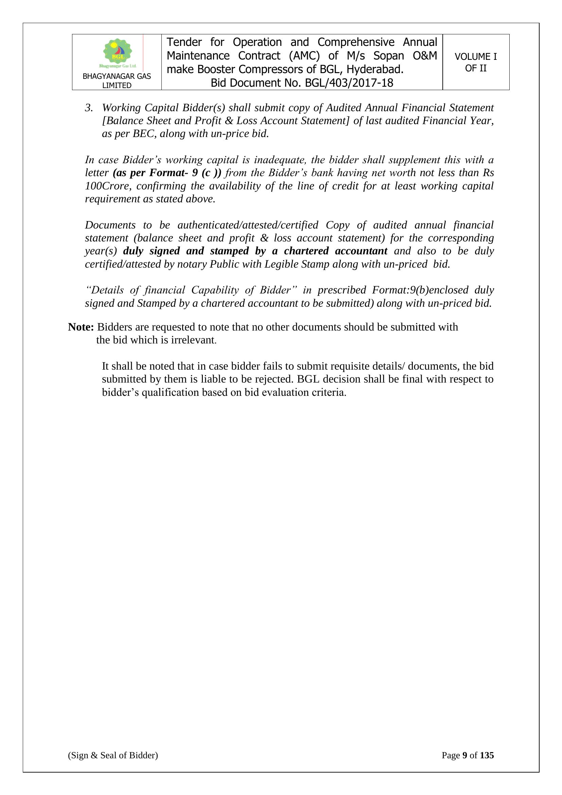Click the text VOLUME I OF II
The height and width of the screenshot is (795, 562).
coord(475,62)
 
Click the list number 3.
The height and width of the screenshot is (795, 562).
coord(89,108)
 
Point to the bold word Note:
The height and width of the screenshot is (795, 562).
coord(81,327)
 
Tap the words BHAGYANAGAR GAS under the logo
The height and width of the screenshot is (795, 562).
coord(117,77)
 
